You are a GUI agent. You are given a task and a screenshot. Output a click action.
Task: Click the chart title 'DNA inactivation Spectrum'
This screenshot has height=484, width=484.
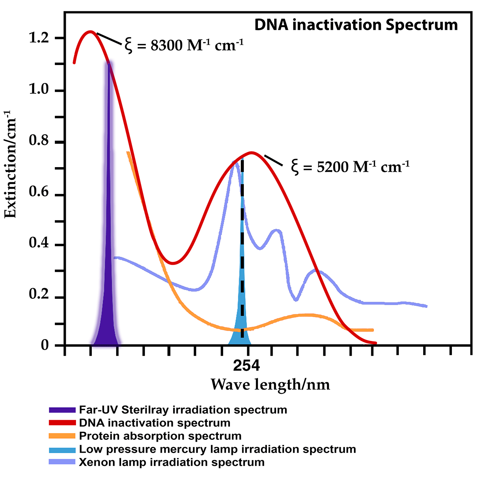tap(356, 25)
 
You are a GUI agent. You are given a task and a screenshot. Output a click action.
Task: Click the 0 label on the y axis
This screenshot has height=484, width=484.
tap(45, 345)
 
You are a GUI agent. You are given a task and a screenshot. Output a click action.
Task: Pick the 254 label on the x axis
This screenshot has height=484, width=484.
tap(247, 366)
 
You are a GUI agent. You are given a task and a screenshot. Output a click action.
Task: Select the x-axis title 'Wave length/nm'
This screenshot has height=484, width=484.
tap(270, 385)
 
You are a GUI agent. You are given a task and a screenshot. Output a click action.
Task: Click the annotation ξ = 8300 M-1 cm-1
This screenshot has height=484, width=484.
tap(184, 45)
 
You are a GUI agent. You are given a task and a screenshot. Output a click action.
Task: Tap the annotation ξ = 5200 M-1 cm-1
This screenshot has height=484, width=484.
tap(350, 166)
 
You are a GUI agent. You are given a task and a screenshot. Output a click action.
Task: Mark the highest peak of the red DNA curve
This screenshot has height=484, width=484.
tap(90, 31)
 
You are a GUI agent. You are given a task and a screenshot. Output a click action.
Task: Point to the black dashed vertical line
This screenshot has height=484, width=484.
tap(242, 246)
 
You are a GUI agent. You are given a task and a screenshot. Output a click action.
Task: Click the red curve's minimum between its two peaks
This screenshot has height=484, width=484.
tap(172, 263)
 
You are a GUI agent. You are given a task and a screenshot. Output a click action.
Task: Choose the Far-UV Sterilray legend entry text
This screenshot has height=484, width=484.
tap(183, 410)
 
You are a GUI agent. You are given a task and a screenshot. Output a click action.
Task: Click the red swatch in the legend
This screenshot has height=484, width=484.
tap(62, 423)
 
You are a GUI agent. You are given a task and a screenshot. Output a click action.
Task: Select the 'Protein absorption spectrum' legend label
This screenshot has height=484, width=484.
tap(160, 436)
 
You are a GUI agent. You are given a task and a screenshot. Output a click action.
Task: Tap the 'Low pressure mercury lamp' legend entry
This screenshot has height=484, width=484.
tap(217, 449)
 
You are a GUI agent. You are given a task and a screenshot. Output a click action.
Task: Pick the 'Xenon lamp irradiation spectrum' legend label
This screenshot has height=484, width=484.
tap(172, 462)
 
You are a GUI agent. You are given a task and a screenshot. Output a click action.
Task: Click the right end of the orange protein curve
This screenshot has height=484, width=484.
tap(372, 330)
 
